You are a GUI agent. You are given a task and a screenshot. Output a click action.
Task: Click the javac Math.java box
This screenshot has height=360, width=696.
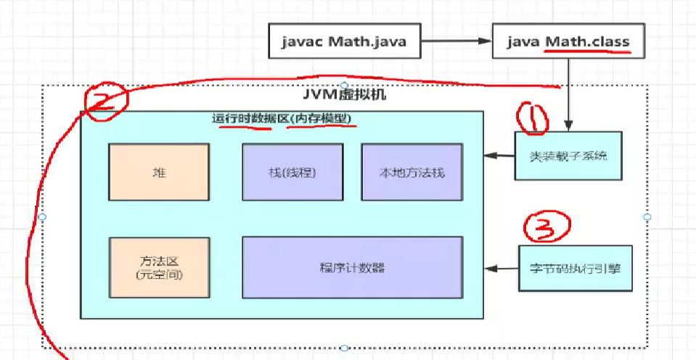coord(345,41)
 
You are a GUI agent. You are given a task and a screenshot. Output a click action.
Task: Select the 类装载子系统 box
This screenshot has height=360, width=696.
coord(568,155)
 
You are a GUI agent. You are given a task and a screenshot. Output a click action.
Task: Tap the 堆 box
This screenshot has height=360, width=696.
coord(159,172)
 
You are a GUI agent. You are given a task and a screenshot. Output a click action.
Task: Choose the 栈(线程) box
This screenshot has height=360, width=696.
coord(292,172)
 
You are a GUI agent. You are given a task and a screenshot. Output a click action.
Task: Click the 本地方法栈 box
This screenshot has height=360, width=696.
coord(412,172)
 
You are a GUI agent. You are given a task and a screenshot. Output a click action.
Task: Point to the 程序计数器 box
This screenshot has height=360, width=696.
coord(352,267)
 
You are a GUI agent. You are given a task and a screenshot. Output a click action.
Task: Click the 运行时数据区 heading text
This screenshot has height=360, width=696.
coord(247,119)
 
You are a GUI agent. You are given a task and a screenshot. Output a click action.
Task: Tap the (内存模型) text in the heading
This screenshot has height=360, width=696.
coord(323,119)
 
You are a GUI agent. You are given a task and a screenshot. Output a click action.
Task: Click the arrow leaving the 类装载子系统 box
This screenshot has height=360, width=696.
coord(500,155)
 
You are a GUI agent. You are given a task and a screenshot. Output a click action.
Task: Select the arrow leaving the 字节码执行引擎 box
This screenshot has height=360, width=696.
coord(501,269)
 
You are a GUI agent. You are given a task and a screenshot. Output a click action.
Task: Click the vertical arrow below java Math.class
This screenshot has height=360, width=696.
coord(568,94)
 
